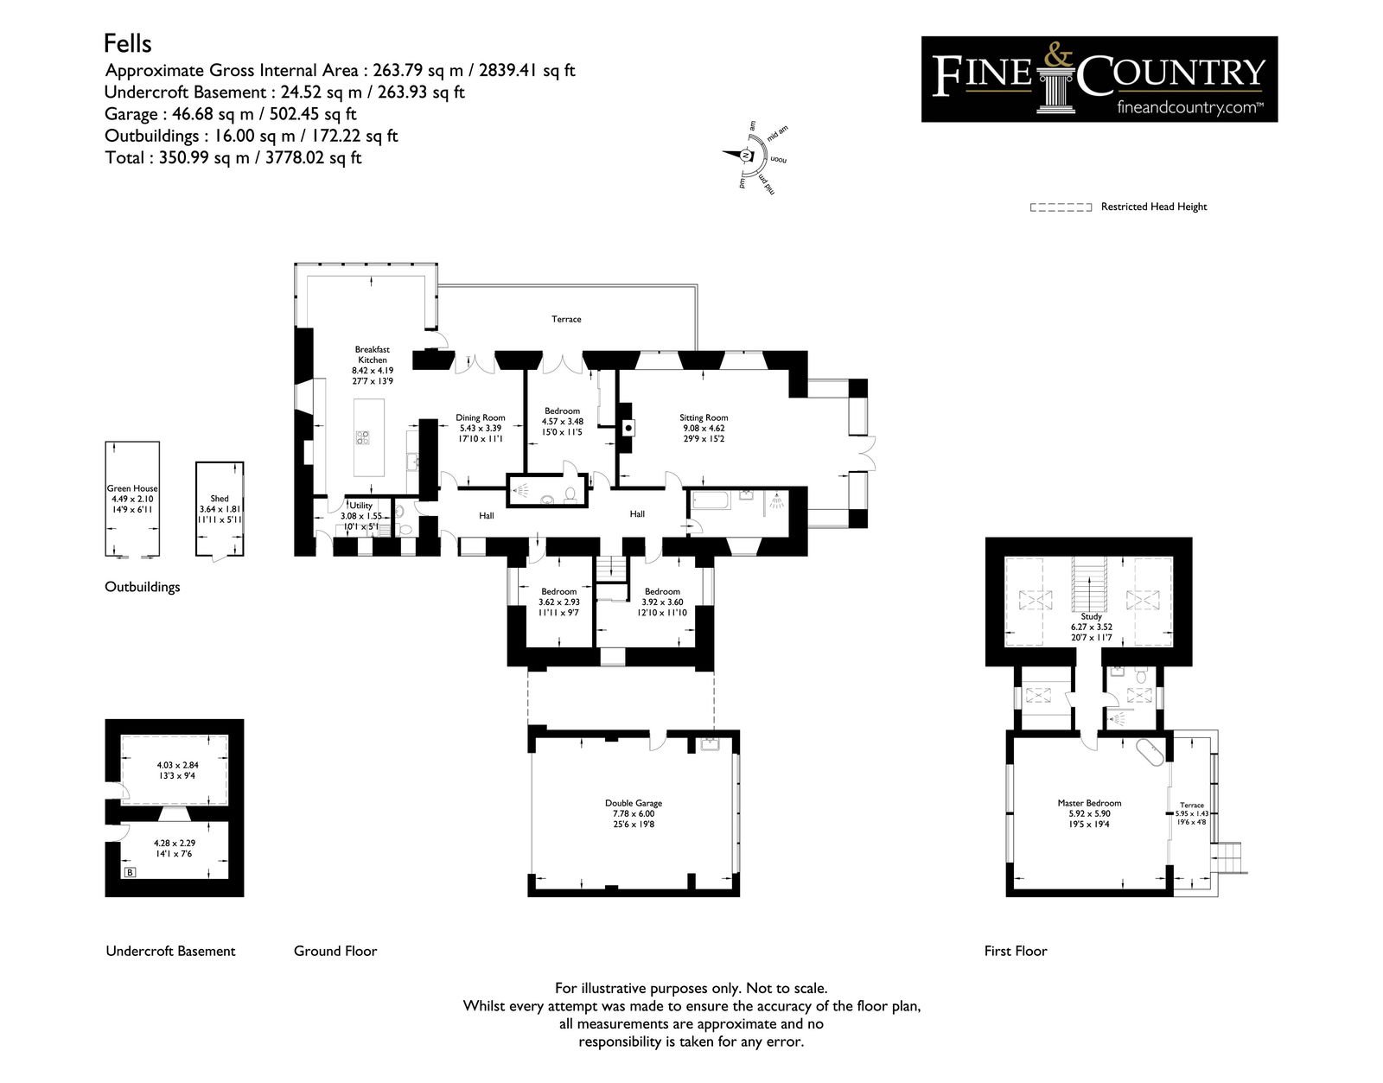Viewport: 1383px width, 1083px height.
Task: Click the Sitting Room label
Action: click(704, 418)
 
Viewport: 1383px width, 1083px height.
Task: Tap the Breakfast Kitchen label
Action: click(373, 354)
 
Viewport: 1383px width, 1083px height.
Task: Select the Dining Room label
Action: click(481, 418)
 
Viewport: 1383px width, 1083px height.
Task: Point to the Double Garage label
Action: click(634, 803)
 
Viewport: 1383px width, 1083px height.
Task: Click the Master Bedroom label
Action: click(1090, 803)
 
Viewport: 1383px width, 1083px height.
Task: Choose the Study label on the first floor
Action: click(1092, 616)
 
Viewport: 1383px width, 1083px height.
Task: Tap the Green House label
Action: click(132, 488)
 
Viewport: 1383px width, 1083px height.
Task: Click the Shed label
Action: click(220, 499)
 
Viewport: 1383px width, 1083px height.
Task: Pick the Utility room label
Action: click(360, 506)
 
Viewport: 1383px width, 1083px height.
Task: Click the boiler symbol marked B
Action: click(130, 872)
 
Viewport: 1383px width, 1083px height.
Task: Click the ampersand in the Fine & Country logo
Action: click(1057, 56)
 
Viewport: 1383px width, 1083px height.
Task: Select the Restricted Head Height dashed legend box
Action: click(1061, 207)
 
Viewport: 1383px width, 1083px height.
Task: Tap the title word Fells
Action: click(128, 44)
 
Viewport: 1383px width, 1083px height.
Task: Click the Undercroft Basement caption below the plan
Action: click(170, 952)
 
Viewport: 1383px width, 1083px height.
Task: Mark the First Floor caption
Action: click(1016, 952)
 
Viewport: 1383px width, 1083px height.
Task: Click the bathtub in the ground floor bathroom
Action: click(711, 500)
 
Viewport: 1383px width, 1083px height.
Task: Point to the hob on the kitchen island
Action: click(363, 437)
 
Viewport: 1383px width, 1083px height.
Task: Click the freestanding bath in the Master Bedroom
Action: click(1150, 751)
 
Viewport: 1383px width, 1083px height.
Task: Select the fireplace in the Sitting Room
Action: click(627, 428)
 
